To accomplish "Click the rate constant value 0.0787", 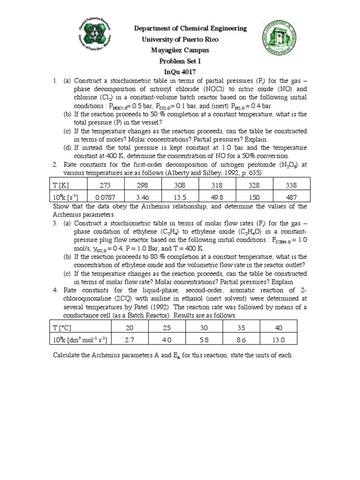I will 105,197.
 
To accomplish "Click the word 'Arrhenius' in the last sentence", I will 107,355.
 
